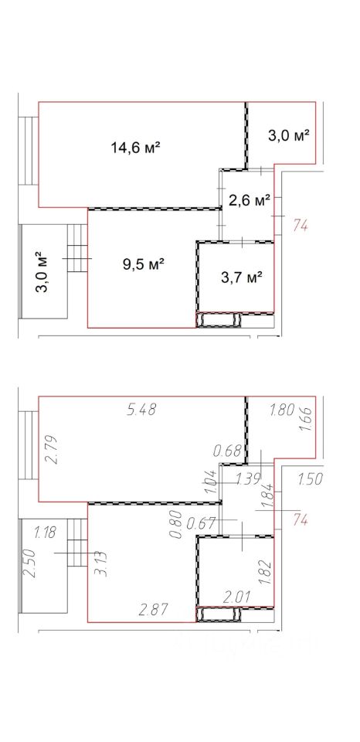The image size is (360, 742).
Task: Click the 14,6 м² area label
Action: click(x=135, y=148)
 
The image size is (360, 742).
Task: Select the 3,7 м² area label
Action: click(x=243, y=277)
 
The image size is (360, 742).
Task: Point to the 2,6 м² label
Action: click(x=250, y=201)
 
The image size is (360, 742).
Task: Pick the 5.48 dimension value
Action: click(x=141, y=410)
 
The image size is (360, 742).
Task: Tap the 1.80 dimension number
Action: click(x=282, y=409)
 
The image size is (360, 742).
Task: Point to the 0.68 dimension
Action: click(x=228, y=451)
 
